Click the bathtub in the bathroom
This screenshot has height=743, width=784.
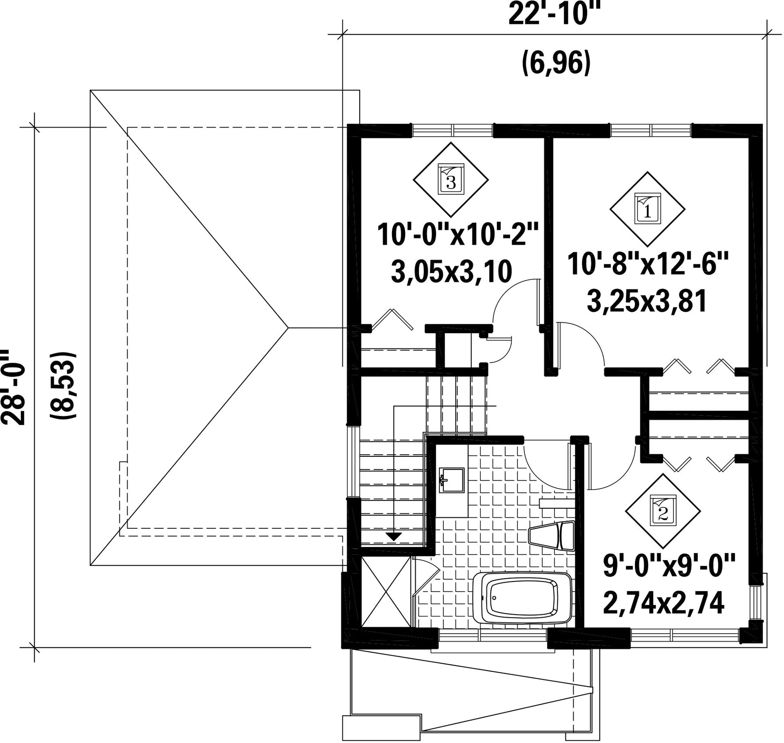tap(522, 598)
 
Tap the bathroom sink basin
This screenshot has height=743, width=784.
tap(452, 480)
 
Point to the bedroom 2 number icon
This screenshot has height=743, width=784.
tap(662, 511)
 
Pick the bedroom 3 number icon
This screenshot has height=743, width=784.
tap(451, 179)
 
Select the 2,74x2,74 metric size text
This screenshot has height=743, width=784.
tap(663, 603)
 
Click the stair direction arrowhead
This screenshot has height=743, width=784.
tap(394, 537)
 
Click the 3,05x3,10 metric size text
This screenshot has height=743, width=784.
tap(451, 273)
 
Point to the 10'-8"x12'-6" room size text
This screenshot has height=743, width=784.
tap(648, 265)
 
